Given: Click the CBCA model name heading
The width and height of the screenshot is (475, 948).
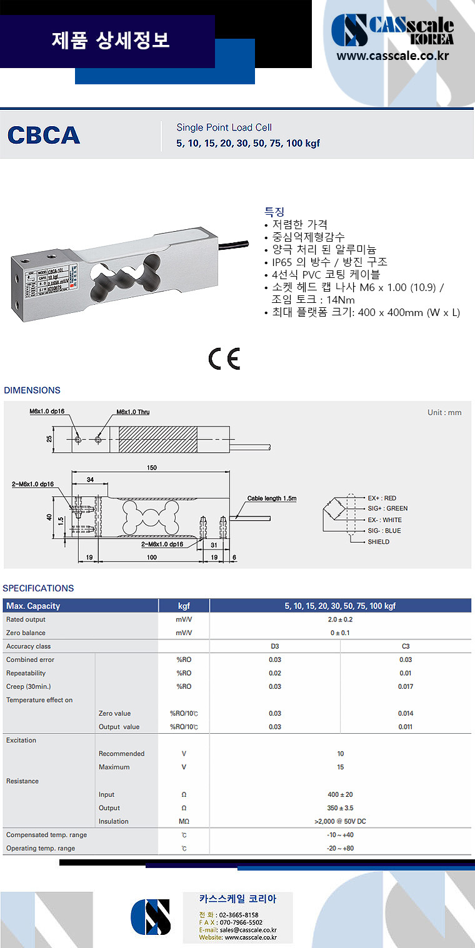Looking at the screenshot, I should click(44, 135).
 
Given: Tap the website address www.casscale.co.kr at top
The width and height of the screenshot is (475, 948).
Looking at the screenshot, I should click(392, 56).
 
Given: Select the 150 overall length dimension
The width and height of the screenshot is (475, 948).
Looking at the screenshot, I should click(152, 468).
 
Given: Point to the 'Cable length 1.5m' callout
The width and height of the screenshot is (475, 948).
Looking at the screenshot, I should click(271, 498).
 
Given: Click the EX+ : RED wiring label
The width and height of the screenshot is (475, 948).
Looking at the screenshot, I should click(382, 498).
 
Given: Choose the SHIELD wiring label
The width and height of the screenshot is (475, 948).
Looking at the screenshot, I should click(378, 541).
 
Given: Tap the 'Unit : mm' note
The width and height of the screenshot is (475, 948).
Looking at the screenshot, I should click(444, 413).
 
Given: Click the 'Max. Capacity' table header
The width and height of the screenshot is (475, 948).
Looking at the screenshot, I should click(33, 606).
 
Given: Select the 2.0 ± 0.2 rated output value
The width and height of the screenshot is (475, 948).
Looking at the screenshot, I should click(340, 620).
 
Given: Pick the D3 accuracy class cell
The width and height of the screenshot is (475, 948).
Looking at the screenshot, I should click(275, 646).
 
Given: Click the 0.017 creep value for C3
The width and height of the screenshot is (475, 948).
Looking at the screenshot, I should click(406, 686).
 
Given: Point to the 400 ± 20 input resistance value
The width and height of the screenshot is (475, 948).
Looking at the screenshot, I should click(340, 794).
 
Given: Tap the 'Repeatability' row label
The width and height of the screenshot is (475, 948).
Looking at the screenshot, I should click(26, 673).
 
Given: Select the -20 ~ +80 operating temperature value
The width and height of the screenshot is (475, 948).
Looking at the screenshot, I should click(340, 848).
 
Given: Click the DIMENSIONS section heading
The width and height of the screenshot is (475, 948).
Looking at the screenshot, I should click(32, 390).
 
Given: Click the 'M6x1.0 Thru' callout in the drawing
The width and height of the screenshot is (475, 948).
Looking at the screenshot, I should click(132, 412).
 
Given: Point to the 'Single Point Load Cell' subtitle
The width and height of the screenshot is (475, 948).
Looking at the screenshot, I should click(224, 127).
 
